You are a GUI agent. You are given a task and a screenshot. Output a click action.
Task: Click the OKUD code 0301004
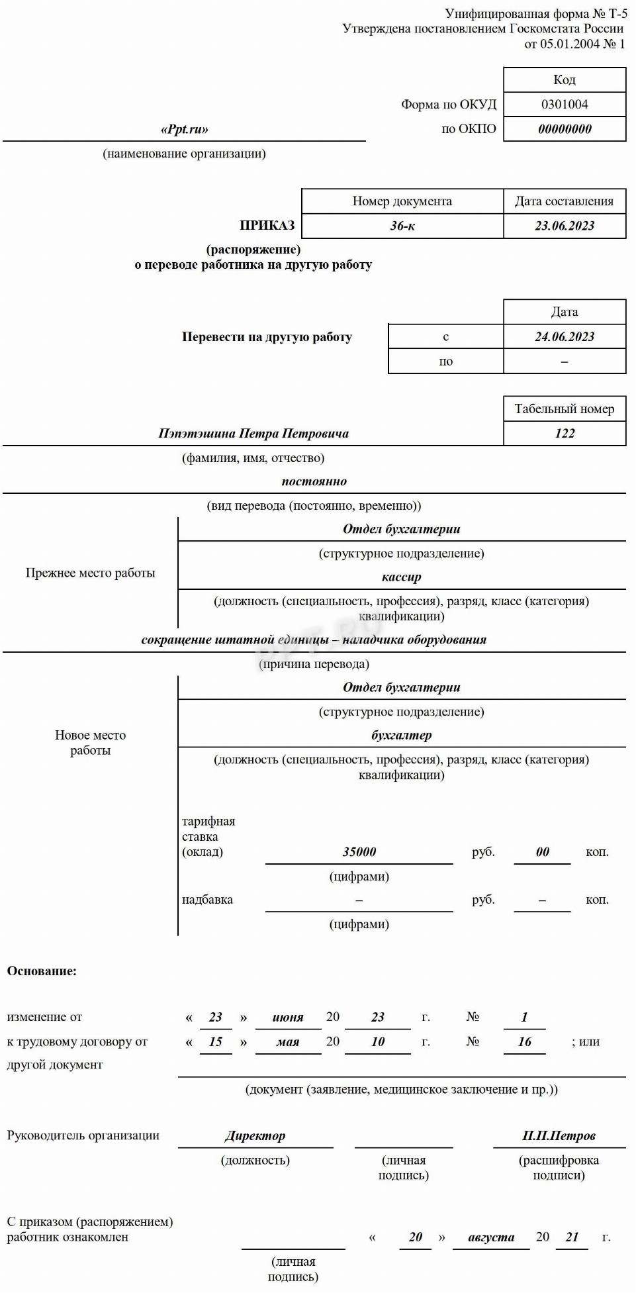click(565, 104)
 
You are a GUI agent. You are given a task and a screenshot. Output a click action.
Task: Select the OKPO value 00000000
click(565, 129)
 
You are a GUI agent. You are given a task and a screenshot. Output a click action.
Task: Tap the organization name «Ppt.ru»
click(185, 129)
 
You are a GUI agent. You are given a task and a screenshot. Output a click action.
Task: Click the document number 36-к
click(402, 226)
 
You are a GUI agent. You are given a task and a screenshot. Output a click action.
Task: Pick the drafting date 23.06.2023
click(565, 226)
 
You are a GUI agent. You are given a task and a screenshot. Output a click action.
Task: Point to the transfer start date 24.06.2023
click(565, 336)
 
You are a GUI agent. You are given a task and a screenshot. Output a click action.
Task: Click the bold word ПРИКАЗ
click(267, 225)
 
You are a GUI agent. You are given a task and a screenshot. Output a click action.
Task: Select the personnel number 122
click(565, 433)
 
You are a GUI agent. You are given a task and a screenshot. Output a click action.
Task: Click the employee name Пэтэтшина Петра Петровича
click(253, 434)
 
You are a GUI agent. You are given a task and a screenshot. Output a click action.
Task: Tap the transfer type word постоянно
click(314, 481)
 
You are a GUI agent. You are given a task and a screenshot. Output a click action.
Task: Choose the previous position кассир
click(402, 577)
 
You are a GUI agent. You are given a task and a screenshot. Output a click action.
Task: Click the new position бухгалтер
click(402, 735)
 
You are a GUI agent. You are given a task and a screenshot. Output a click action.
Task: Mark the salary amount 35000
click(359, 852)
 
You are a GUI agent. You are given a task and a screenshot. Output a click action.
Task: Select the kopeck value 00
click(543, 852)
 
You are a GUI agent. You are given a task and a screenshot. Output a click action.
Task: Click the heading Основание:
click(42, 971)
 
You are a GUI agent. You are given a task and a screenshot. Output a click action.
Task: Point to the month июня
click(288, 1018)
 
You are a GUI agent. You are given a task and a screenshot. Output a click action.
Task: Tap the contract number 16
click(525, 1042)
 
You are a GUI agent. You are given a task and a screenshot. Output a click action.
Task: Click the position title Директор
click(255, 1136)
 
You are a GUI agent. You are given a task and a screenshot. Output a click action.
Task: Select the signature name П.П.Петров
click(559, 1136)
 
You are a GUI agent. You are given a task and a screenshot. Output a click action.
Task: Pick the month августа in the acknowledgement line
click(491, 1237)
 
